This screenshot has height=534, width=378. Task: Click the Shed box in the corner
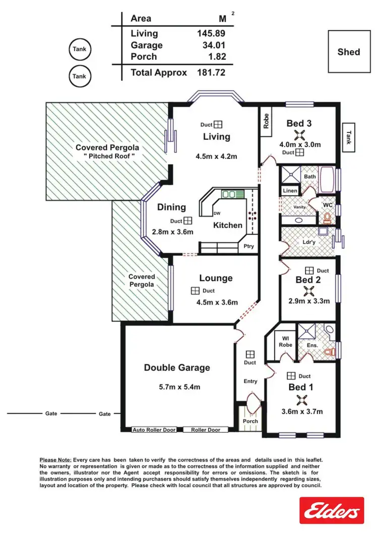pos(349,51)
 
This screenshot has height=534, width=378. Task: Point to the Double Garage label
pos(177,367)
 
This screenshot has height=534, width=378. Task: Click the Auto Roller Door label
pos(154,430)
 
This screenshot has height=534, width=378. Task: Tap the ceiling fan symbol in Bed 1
pos(301,400)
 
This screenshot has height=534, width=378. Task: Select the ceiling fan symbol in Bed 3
pos(300,134)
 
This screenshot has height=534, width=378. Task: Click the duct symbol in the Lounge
pos(195,290)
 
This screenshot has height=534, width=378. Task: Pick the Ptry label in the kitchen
pos(248,246)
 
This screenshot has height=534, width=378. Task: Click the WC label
pos(328,205)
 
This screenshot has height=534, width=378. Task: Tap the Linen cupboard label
pos(290,191)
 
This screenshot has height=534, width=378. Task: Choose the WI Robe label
pos(286,341)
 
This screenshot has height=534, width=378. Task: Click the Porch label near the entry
pos(250,421)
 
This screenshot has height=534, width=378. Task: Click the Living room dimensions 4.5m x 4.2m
pos(216,157)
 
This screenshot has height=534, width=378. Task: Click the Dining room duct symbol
pos(187,220)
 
